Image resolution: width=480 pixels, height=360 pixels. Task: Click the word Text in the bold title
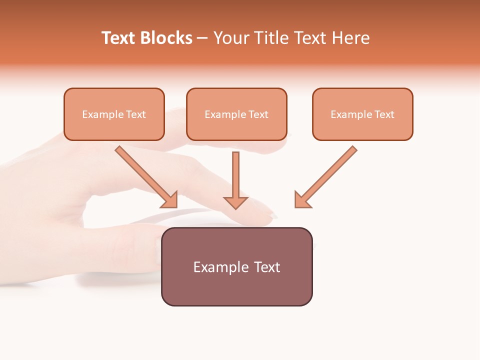pyautogui.click(x=118, y=38)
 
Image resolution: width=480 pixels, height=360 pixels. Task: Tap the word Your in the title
pyautogui.click(x=230, y=38)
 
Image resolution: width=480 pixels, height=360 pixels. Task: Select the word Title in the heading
pyautogui.click(x=270, y=38)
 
